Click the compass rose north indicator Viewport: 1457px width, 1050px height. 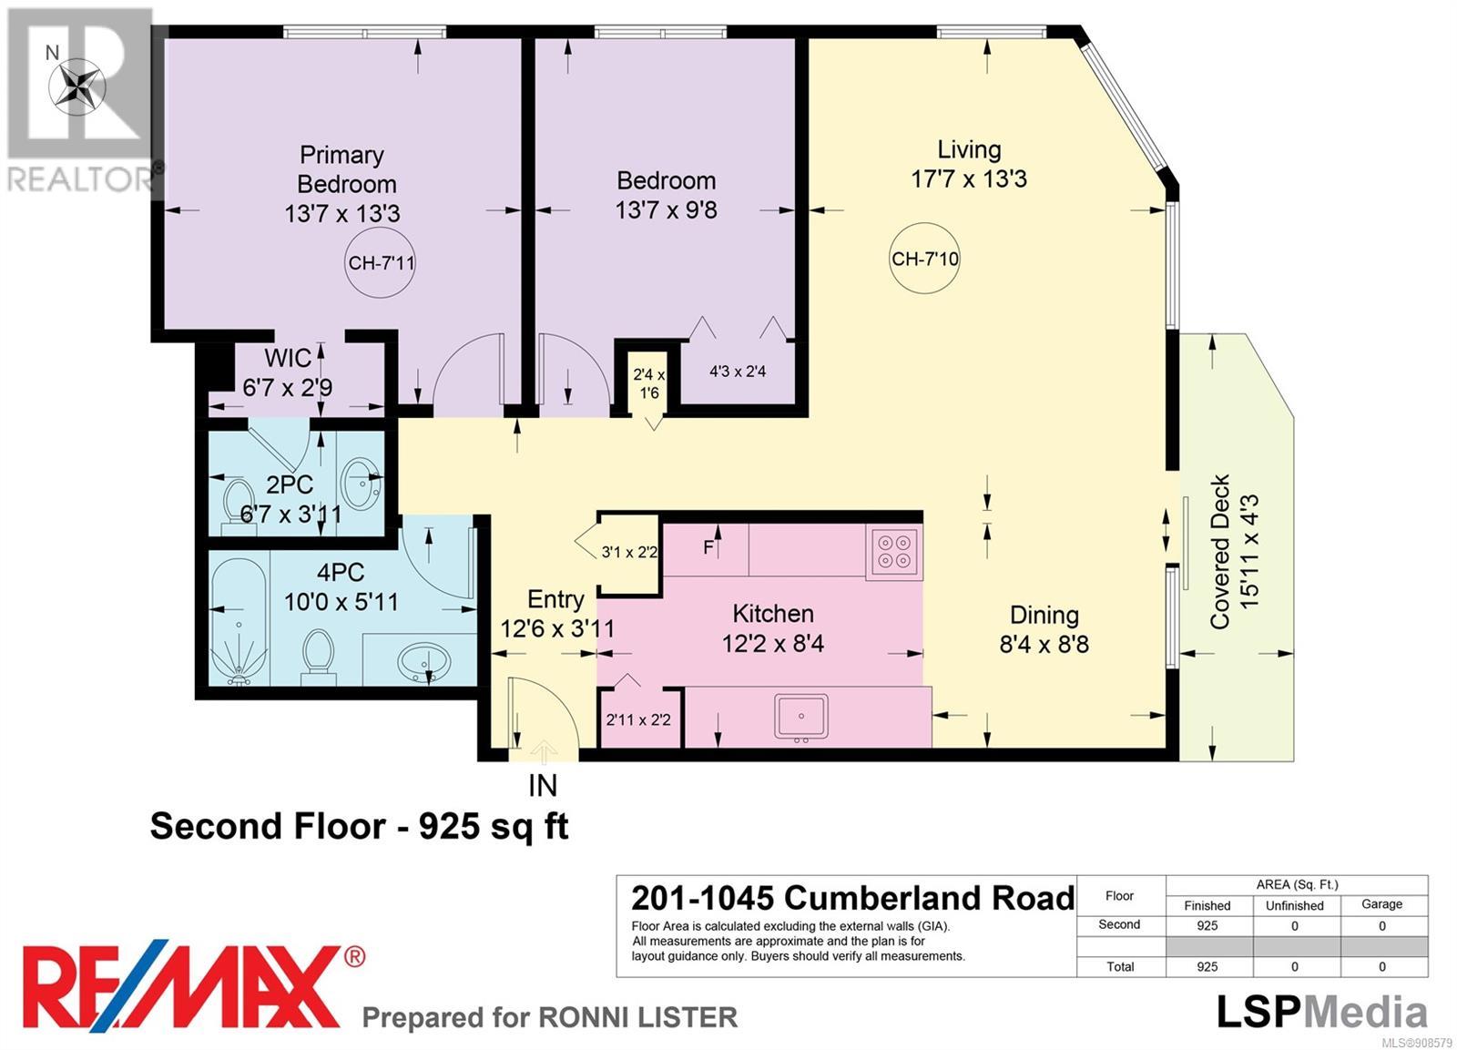(x=76, y=87)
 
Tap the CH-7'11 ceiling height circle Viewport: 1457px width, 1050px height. (x=380, y=263)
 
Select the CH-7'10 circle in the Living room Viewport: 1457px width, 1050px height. (x=924, y=259)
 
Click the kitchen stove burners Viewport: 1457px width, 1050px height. (x=893, y=552)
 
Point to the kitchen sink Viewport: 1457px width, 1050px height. (x=800, y=717)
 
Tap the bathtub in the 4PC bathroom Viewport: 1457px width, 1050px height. (x=239, y=622)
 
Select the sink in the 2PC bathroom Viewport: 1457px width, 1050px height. (x=361, y=484)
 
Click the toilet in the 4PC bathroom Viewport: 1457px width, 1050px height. (x=318, y=657)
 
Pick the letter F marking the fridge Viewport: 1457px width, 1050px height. (x=709, y=548)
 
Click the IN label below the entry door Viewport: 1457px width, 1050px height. (x=543, y=786)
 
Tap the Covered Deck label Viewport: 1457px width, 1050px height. (x=1220, y=552)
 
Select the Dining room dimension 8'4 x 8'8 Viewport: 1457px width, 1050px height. (x=1044, y=644)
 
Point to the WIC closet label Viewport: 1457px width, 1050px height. (x=288, y=359)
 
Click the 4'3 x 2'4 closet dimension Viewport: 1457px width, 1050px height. (x=737, y=372)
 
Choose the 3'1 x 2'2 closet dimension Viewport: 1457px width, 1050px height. (x=629, y=553)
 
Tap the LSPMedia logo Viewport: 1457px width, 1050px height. (x=1321, y=1014)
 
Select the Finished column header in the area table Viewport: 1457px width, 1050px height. (x=1207, y=905)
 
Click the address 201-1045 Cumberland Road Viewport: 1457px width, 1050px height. (x=852, y=899)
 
